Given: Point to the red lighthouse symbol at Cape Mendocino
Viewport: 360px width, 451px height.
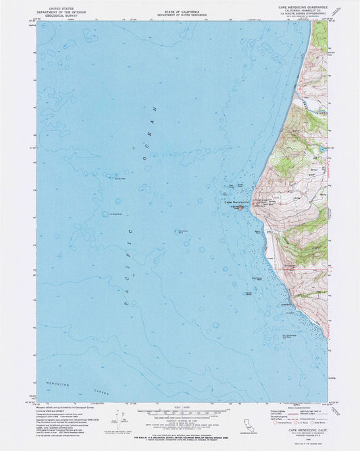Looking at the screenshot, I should click(x=239, y=208).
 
